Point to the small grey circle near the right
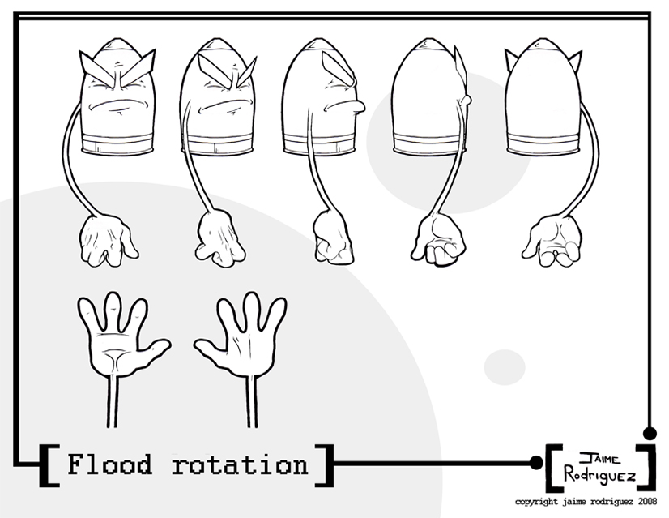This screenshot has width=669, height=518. pos(504,366)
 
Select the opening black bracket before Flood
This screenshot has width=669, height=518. pos(47,464)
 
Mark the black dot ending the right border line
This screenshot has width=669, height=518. pos(648,432)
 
